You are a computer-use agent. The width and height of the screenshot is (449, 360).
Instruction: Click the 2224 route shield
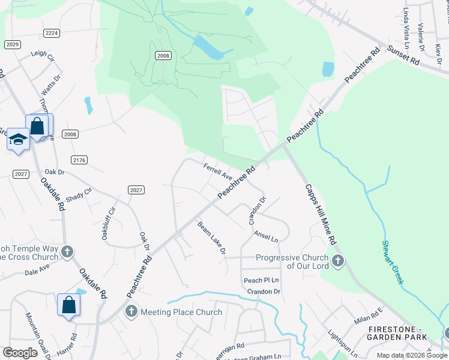click(52, 34)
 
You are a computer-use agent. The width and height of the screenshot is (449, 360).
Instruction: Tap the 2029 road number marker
click(12, 44)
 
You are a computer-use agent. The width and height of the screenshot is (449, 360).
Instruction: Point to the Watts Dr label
click(51, 86)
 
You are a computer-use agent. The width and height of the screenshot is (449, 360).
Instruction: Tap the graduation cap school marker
click(19, 139)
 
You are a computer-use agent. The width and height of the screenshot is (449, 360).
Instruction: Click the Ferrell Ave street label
click(217, 172)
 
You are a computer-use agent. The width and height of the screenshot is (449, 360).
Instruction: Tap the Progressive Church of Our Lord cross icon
click(339, 261)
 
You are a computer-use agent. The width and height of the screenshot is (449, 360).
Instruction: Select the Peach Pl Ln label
click(261, 280)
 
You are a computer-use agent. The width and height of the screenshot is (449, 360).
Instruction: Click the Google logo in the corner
click(20, 352)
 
